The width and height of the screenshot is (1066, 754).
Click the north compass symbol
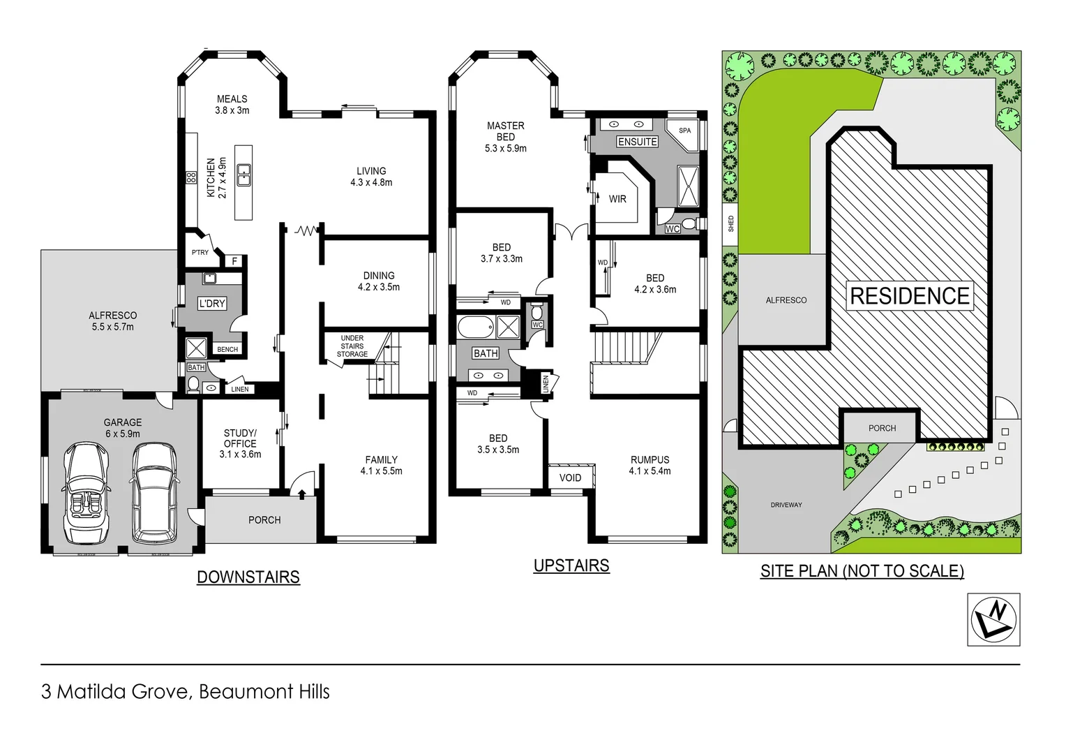point(993,619)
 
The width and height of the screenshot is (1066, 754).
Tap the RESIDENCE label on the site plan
point(909,296)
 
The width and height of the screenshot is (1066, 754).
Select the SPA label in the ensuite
point(684,131)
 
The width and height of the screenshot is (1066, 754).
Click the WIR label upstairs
point(617,199)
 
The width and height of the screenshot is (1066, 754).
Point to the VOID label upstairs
point(570,478)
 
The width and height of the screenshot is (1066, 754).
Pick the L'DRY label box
point(212,304)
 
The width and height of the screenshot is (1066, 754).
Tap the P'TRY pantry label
point(200,253)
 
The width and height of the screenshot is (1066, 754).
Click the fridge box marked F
point(234,261)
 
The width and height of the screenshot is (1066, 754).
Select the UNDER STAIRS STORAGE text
point(352,346)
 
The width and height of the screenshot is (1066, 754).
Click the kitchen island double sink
point(243,175)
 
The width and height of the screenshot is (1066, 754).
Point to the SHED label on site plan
point(730,224)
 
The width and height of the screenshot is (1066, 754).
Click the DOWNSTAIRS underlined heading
point(248,577)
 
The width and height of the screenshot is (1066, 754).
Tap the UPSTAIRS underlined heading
point(571,565)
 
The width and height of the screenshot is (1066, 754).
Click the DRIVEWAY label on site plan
point(786,505)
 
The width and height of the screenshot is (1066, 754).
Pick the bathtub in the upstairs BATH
point(474,326)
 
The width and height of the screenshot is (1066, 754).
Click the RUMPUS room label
point(650,460)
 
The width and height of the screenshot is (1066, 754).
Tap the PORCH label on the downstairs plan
point(264,520)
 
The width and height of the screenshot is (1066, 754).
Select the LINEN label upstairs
point(546,383)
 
